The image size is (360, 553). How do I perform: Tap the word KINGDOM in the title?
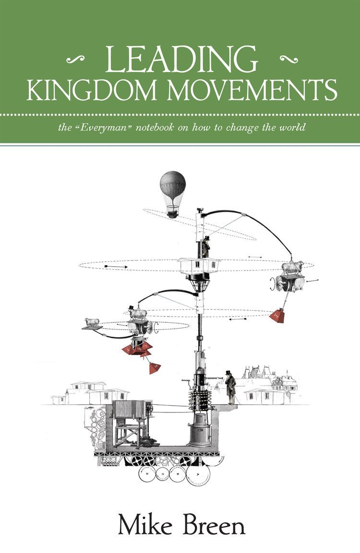[91, 90]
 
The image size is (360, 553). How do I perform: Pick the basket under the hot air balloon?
[173, 212]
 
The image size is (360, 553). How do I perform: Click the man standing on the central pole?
[205, 247]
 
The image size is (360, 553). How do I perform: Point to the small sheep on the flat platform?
[92, 322]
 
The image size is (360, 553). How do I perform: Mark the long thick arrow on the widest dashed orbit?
[116, 266]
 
